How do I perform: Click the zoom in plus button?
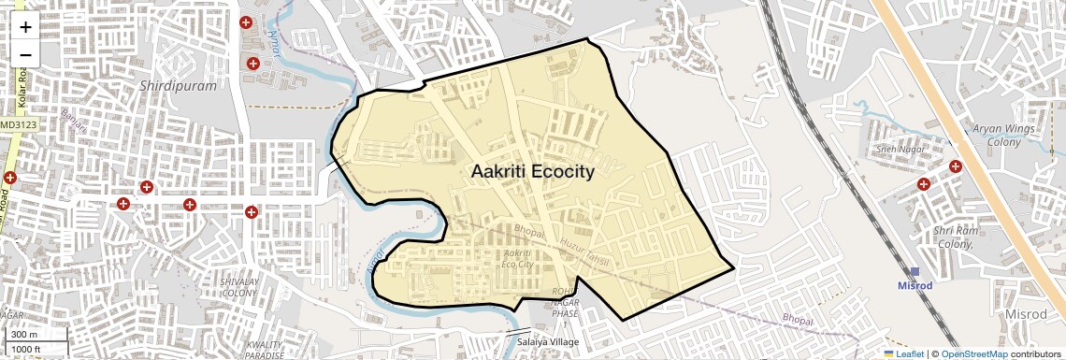tap(25, 27)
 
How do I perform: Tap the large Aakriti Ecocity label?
tap(533, 171)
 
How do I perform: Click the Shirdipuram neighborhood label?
tap(177, 85)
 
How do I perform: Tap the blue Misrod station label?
tap(915, 285)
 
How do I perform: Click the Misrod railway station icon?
tap(915, 271)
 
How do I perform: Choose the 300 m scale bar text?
tap(24, 335)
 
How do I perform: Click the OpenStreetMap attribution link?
tap(973, 353)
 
